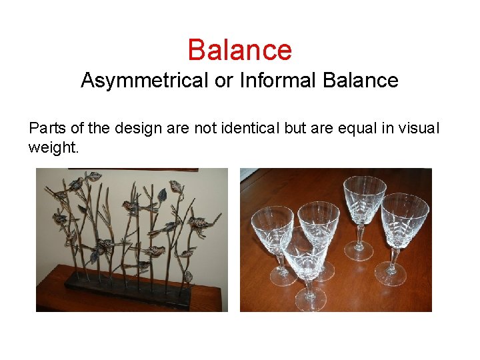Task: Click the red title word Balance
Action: coord(239,50)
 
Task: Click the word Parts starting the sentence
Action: coord(45,128)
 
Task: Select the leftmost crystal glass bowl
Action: coord(272,227)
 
